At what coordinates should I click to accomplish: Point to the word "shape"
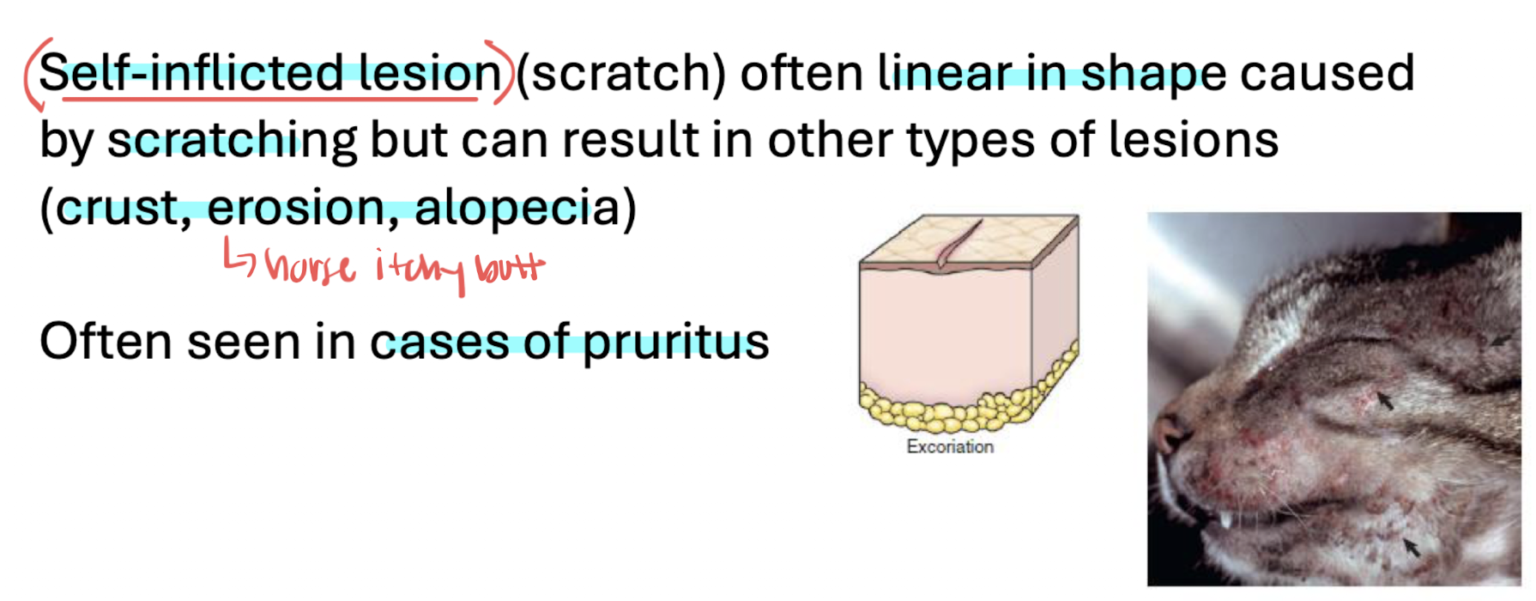click(1153, 76)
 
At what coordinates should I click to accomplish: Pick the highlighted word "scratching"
click(232, 141)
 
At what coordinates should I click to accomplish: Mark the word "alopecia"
click(517, 209)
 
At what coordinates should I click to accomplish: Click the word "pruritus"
click(676, 343)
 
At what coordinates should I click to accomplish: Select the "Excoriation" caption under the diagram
click(950, 446)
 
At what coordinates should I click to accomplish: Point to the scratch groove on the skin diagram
click(958, 245)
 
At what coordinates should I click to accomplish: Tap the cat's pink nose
click(1169, 428)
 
